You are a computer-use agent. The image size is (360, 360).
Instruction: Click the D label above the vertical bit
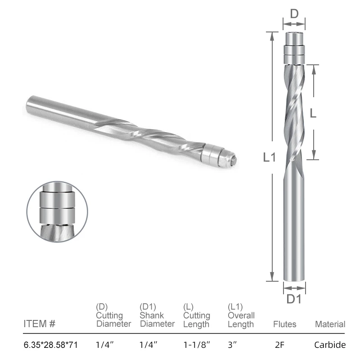click(x=294, y=14)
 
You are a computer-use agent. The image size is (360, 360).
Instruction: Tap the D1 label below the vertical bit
click(x=294, y=298)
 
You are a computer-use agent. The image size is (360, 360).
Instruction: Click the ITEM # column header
click(x=39, y=324)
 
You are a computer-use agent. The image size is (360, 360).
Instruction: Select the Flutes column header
click(x=284, y=324)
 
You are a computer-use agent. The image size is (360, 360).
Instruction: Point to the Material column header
click(x=330, y=324)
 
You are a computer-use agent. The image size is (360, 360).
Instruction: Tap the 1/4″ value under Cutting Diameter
click(x=105, y=345)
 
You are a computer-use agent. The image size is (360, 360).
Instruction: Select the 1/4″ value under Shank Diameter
click(x=148, y=345)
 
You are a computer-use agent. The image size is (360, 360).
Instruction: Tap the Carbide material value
click(x=330, y=345)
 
